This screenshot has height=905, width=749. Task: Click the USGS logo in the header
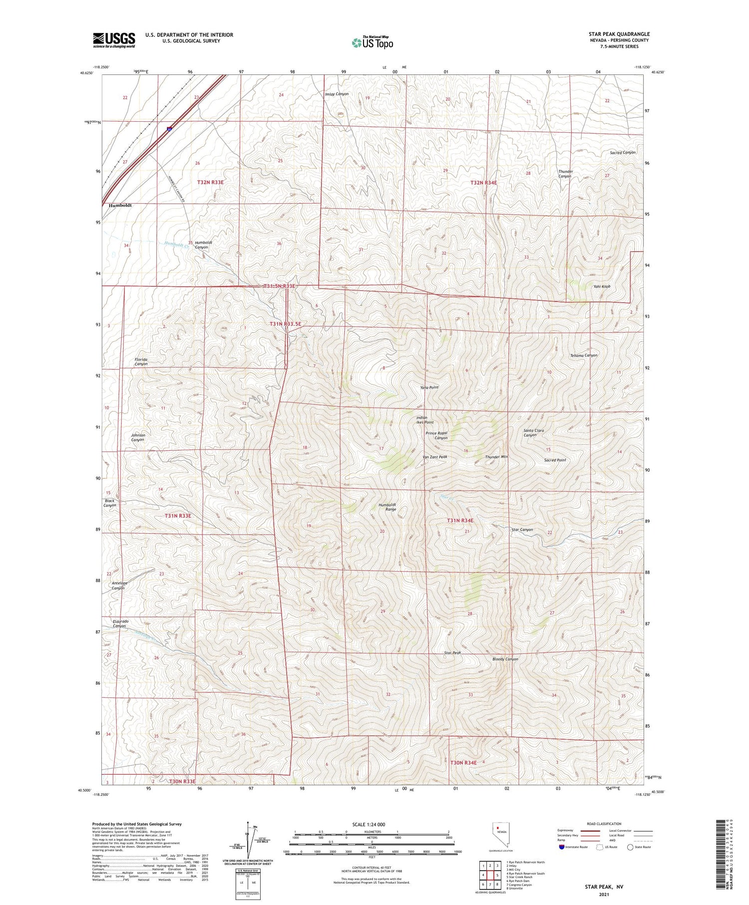(x=114, y=40)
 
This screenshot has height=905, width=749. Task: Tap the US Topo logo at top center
(x=373, y=43)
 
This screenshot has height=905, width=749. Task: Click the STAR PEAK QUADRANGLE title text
(x=619, y=34)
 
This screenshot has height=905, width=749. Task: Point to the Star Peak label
(x=452, y=653)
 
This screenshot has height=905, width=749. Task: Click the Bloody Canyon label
(x=505, y=659)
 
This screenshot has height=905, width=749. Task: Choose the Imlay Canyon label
(x=337, y=94)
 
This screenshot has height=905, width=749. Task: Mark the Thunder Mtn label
(x=496, y=457)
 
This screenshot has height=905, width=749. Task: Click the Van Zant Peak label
(x=434, y=457)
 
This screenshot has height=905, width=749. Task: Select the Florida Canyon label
(x=141, y=361)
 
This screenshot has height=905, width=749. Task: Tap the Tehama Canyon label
(x=584, y=355)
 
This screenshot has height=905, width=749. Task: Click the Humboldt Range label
(x=387, y=507)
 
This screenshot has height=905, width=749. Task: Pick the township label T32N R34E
(x=483, y=183)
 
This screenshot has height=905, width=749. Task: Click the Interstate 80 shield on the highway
(x=170, y=129)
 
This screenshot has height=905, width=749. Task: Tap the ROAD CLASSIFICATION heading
(x=604, y=824)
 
